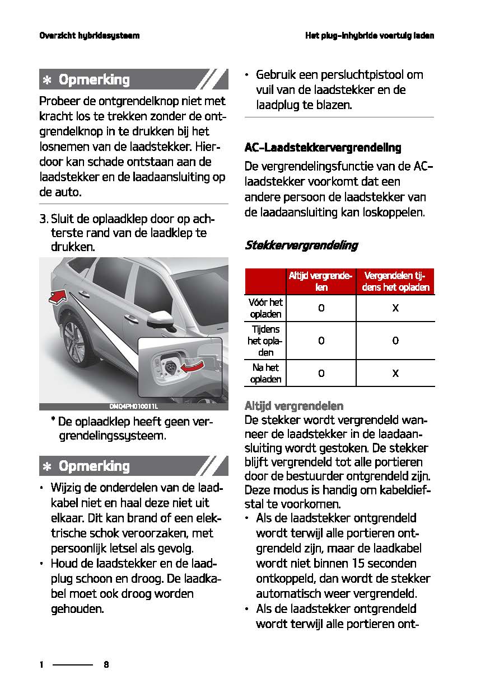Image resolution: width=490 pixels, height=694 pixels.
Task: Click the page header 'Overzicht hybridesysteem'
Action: pyautogui.click(x=89, y=36)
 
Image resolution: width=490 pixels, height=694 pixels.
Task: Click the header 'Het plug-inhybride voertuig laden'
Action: pyautogui.click(x=370, y=36)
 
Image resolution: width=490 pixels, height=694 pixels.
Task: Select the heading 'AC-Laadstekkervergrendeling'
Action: pyautogui.click(x=323, y=148)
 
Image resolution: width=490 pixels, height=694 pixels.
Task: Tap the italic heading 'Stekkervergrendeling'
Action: pyautogui.click(x=301, y=246)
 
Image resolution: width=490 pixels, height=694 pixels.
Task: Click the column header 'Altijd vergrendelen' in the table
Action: pyautogui.click(x=320, y=281)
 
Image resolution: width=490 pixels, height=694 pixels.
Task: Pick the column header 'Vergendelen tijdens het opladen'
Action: pyautogui.click(x=395, y=281)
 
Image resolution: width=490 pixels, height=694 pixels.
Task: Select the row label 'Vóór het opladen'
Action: pyautogui.click(x=265, y=308)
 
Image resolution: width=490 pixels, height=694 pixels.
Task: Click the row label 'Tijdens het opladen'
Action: pyautogui.click(x=265, y=341)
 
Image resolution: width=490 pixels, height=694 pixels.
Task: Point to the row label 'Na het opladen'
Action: pyautogui.click(x=265, y=373)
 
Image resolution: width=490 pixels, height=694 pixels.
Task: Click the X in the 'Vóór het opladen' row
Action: pyautogui.click(x=395, y=308)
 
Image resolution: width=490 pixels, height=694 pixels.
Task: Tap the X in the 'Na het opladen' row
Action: pyautogui.click(x=395, y=373)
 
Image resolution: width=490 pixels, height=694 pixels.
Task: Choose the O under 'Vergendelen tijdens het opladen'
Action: pyautogui.click(x=395, y=341)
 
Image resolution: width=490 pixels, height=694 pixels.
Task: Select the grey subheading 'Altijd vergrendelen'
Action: pyautogui.click(x=294, y=405)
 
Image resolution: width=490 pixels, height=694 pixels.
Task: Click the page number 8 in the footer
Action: pyautogui.click(x=106, y=665)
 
